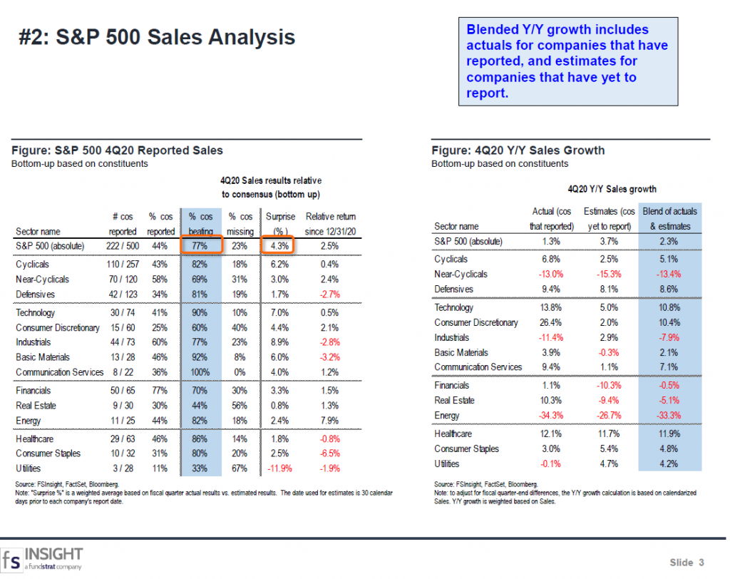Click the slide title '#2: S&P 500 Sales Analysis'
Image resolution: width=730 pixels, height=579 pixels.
[156, 38]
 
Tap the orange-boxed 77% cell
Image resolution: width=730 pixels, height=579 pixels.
[202, 246]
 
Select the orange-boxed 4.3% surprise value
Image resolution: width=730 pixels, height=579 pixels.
[279, 246]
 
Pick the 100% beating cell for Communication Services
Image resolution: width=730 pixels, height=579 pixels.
[201, 372]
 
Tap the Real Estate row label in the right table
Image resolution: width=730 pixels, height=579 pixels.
[454, 401]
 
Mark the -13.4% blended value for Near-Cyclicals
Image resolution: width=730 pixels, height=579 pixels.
[669, 274]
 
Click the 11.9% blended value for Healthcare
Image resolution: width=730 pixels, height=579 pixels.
[669, 434]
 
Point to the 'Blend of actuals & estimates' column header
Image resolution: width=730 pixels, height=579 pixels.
[669, 218]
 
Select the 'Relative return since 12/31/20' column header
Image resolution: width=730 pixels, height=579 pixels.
[330, 223]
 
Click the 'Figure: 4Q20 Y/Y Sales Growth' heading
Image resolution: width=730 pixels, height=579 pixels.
[518, 150]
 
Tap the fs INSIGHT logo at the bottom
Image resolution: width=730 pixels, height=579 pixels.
[43, 558]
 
